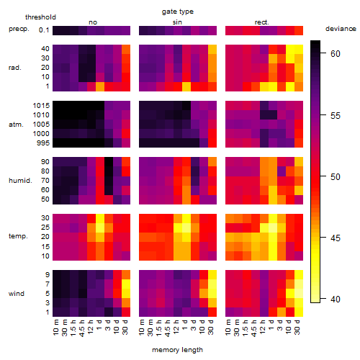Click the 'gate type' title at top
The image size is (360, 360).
pyautogui.click(x=178, y=12)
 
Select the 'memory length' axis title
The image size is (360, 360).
pyautogui.click(x=177, y=350)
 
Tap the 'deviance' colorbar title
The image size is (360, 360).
pyautogui.click(x=341, y=29)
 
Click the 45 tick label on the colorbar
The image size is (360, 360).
pyautogui.click(x=336, y=238)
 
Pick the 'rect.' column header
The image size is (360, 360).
pyautogui.click(x=262, y=22)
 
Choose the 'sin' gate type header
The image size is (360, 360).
pyautogui.click(x=177, y=22)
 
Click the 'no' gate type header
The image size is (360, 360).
pyautogui.click(x=93, y=22)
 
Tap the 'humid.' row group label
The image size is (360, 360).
pyautogui.click(x=20, y=181)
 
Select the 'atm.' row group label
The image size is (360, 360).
pyautogui.click(x=16, y=125)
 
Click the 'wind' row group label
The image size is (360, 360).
pyautogui.click(x=17, y=294)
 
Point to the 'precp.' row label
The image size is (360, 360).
pyautogui.click(x=19, y=29)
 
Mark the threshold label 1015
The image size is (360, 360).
pyautogui.click(x=41, y=106)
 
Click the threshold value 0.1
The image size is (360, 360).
pyautogui.click(x=44, y=30)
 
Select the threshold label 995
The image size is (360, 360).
pyautogui.click(x=43, y=143)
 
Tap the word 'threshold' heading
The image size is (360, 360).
pyautogui.click(x=40, y=17)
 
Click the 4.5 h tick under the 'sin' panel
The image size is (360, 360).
pyautogui.click(x=168, y=328)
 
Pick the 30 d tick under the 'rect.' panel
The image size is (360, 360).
pyautogui.click(x=297, y=327)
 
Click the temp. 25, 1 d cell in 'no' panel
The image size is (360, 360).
pyautogui.click(x=100, y=228)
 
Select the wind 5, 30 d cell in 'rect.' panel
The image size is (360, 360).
pyautogui.click(x=299, y=293)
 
